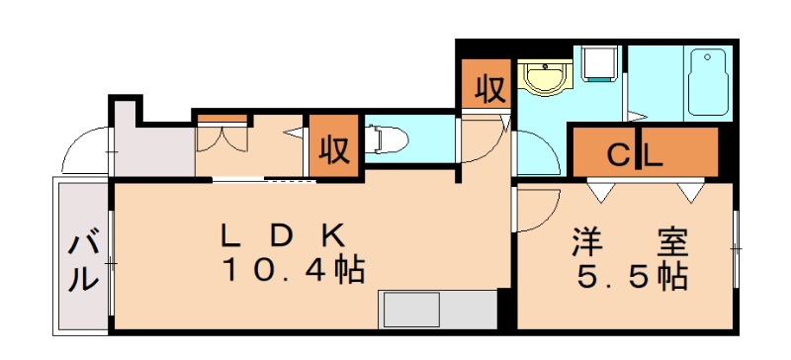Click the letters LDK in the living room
[281, 235]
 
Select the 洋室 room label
[629, 241]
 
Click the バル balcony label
[84, 261]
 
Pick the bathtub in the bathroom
[707, 83]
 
